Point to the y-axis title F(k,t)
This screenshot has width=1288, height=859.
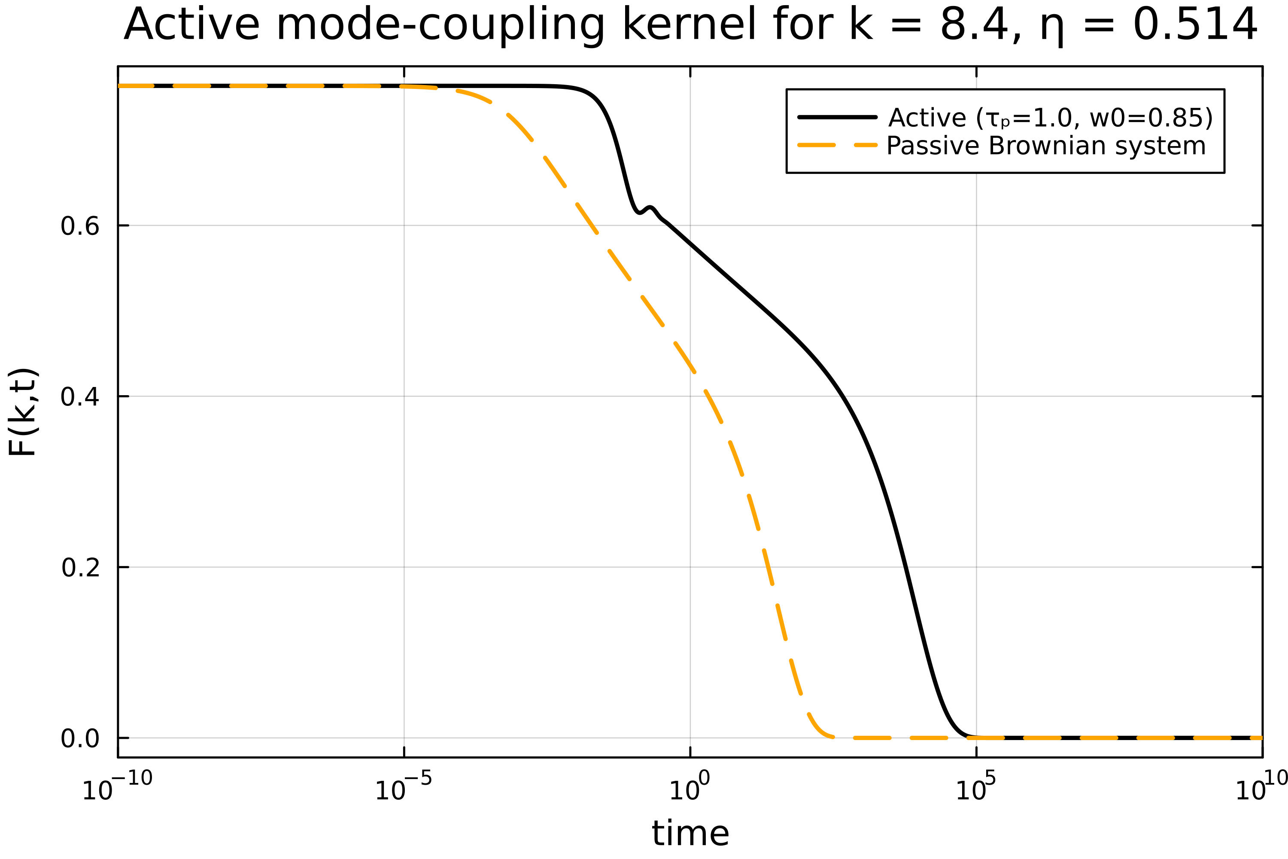[x=23, y=411]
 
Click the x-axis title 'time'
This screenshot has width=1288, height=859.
[x=690, y=833]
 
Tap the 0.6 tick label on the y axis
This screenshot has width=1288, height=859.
[x=80, y=226]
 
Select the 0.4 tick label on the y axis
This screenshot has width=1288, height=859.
[x=80, y=396]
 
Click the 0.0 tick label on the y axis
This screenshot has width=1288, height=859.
[x=80, y=738]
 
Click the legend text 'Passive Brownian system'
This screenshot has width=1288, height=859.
[x=1046, y=146]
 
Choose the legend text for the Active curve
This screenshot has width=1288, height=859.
[x=1050, y=118]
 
